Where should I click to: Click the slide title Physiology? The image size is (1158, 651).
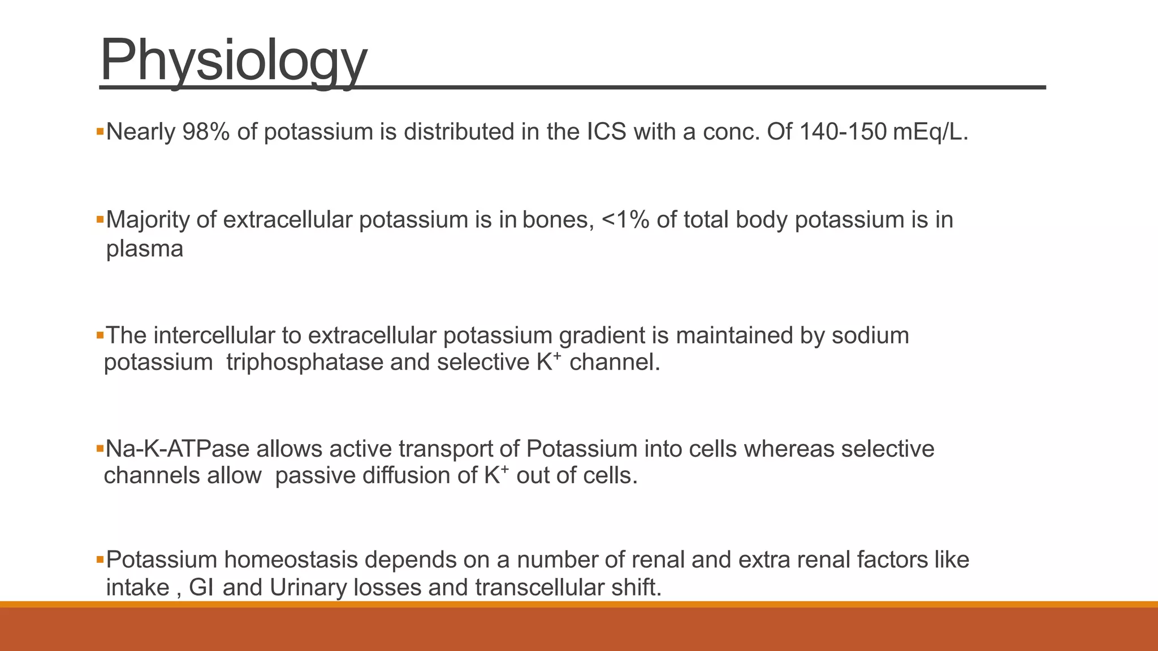[234, 60]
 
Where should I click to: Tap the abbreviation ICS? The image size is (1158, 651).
[607, 132]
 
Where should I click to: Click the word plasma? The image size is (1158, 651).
[145, 249]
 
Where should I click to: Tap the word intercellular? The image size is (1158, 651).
[214, 336]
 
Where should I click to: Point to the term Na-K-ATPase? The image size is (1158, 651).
[178, 449]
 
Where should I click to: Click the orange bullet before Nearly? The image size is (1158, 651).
[100, 132]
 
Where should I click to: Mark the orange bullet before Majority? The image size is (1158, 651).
[100, 219]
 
